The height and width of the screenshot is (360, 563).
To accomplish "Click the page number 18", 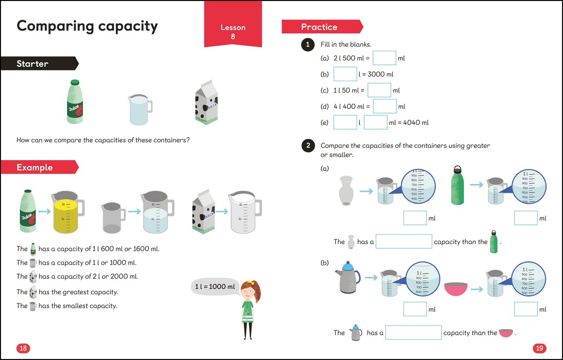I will tap(23, 348).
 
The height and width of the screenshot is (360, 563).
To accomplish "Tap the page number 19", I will tap(539, 348).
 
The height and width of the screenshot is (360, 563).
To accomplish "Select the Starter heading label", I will tap(33, 63).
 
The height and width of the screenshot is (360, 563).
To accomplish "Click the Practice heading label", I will tap(320, 27).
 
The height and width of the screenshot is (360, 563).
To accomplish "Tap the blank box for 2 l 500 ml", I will tap(384, 59).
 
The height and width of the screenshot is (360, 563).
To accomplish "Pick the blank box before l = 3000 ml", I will tap(345, 74).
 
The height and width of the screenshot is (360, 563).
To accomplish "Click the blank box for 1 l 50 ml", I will tap(379, 90).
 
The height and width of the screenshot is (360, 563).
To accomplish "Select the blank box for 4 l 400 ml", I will tap(385, 107).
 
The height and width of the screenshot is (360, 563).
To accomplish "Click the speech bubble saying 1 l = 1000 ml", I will tap(215, 287).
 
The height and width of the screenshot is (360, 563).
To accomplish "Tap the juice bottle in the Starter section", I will tap(75, 102).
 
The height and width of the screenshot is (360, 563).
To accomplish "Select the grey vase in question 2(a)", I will tap(346, 191).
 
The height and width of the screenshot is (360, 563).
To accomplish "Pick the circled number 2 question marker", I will tap(307, 146).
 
